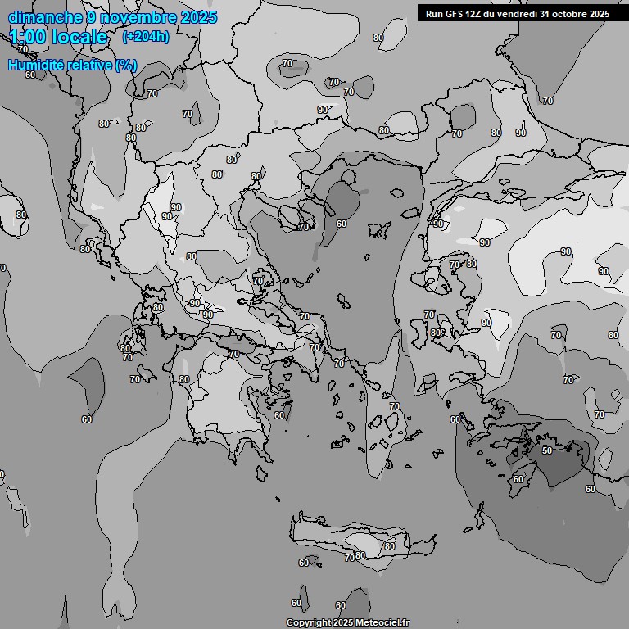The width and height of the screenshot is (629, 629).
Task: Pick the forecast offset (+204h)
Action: (145, 37)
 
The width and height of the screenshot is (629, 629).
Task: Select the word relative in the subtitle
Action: (89, 65)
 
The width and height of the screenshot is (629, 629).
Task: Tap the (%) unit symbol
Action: (126, 65)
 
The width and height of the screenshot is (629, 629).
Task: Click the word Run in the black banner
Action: (434, 13)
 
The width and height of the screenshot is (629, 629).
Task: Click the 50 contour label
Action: (546, 450)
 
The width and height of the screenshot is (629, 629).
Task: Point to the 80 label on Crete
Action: (389, 546)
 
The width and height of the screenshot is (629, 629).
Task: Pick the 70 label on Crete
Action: (350, 557)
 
